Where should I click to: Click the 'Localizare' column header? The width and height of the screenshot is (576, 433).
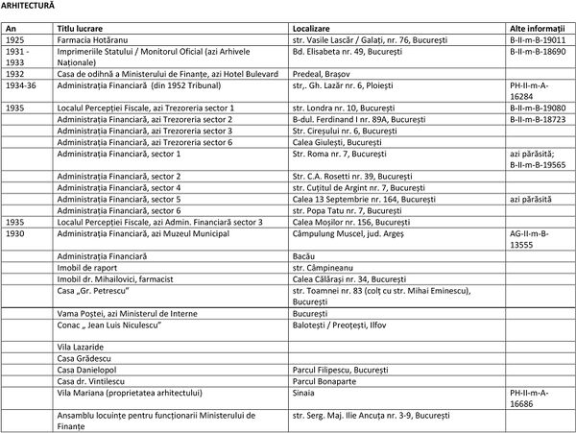tap(315, 32)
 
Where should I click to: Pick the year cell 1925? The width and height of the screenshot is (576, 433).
tap(15, 42)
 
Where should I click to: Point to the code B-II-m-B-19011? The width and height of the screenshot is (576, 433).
tap(539, 42)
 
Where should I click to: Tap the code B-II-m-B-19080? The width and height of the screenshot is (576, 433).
tap(539, 108)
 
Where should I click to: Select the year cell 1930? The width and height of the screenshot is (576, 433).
tap(15, 233)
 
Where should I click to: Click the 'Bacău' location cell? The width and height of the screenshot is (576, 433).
tap(304, 256)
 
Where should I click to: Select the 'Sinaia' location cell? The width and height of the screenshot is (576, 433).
tap(305, 393)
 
